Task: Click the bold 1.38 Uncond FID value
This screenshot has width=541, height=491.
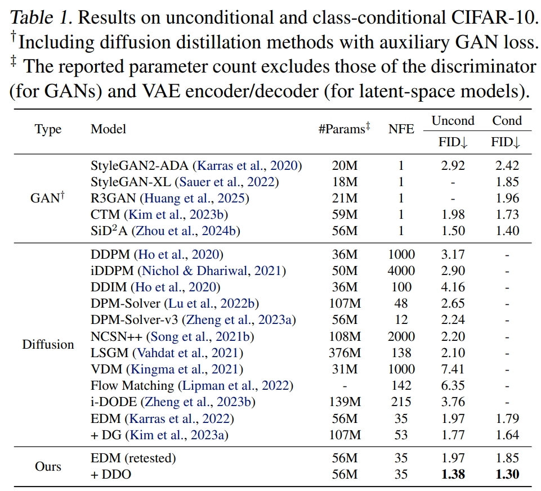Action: point(453,475)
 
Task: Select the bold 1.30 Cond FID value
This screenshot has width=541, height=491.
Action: point(507,475)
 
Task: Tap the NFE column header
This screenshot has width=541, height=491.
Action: point(401,129)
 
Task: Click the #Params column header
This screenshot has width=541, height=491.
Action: point(343,129)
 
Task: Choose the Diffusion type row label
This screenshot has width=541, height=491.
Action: point(48,344)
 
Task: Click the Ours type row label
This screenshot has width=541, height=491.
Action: point(48,466)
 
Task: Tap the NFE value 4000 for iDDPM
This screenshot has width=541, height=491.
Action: point(401,271)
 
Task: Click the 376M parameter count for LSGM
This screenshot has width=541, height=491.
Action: point(343,353)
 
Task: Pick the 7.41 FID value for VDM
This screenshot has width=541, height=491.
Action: point(453,370)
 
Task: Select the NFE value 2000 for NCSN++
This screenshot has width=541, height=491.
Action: point(401,337)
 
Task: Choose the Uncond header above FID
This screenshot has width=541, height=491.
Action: point(453,121)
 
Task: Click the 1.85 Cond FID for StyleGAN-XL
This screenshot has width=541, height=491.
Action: point(507,182)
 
